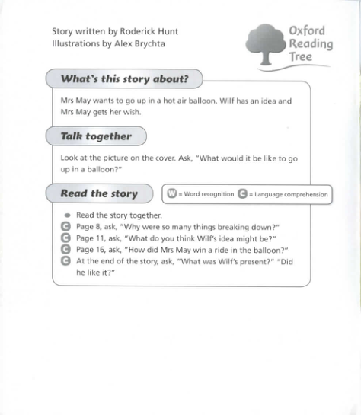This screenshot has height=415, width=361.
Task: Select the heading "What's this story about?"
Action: (124, 79)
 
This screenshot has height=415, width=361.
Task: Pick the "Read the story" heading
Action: (99, 193)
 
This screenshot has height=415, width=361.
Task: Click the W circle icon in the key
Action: (172, 194)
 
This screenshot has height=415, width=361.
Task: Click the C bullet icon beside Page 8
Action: (65, 227)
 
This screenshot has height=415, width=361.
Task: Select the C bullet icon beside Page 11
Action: (65, 238)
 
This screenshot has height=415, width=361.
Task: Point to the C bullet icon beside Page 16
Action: (65, 249)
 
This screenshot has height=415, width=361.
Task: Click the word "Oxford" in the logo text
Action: (307, 30)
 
